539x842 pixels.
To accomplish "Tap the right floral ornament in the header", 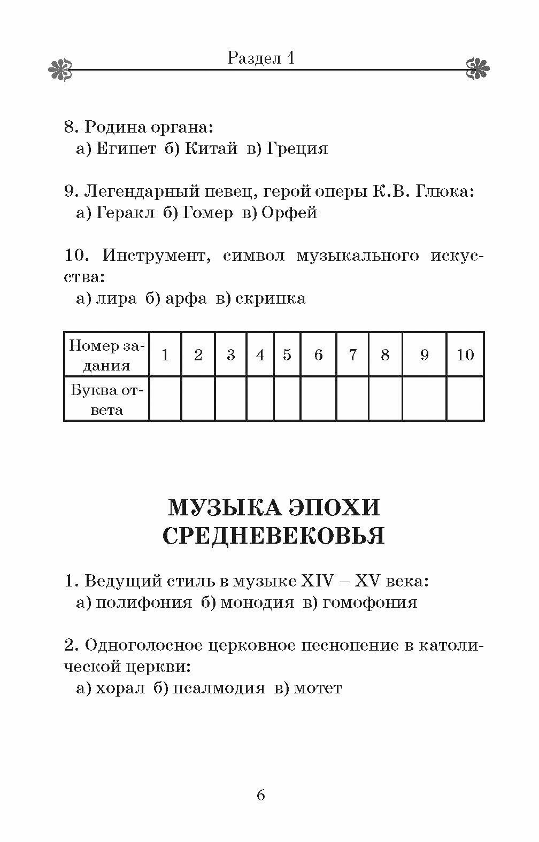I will (x=478, y=68).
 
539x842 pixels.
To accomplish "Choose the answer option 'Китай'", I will (x=211, y=149).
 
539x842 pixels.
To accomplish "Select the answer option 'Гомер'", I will (x=207, y=213).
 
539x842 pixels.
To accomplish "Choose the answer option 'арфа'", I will (x=186, y=298).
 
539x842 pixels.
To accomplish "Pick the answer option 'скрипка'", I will (x=271, y=298).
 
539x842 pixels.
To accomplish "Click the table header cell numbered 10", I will (x=465, y=354).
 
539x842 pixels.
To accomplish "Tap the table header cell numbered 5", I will (x=287, y=354).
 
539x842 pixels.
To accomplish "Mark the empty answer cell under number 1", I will (x=165, y=399).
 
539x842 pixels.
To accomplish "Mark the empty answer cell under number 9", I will (x=424, y=399).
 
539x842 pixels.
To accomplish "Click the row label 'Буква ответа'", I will (x=106, y=399).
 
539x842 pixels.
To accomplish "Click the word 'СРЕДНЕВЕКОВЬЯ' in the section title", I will (x=273, y=536).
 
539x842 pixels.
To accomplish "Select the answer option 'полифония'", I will (x=143, y=602).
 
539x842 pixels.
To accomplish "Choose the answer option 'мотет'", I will (x=318, y=688).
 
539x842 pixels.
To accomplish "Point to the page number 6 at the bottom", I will (x=261, y=795).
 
